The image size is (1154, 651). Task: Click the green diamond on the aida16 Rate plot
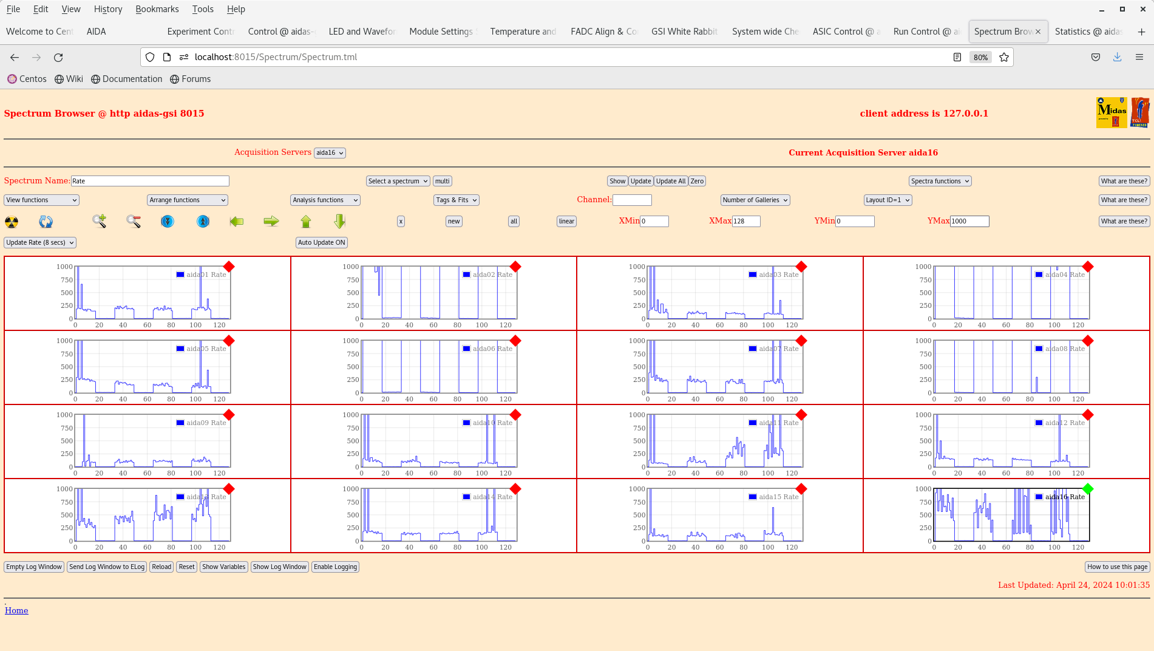pyautogui.click(x=1087, y=489)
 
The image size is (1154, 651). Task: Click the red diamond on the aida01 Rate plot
pyautogui.click(x=229, y=267)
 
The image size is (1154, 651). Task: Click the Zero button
pyautogui.click(x=697, y=181)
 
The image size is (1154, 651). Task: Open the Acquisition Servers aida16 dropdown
pyautogui.click(x=330, y=153)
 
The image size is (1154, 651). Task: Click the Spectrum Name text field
pyautogui.click(x=150, y=181)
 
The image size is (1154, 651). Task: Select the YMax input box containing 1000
pyautogui.click(x=969, y=221)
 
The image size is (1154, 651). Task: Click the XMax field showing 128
pyautogui.click(x=745, y=221)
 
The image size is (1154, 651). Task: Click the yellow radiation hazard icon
pyautogui.click(x=12, y=222)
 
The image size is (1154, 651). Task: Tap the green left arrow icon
pyautogui.click(x=237, y=222)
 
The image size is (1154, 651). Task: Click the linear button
pyautogui.click(x=566, y=221)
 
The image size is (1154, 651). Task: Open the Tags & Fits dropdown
pyautogui.click(x=457, y=200)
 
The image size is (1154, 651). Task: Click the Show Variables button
pyautogui.click(x=223, y=567)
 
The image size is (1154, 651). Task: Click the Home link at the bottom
pyautogui.click(x=16, y=610)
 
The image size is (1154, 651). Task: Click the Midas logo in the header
pyautogui.click(x=1111, y=112)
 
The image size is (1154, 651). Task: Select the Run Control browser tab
pyautogui.click(x=926, y=32)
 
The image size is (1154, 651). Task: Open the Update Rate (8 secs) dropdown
pyautogui.click(x=40, y=242)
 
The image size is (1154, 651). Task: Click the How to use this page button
pyautogui.click(x=1117, y=567)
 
